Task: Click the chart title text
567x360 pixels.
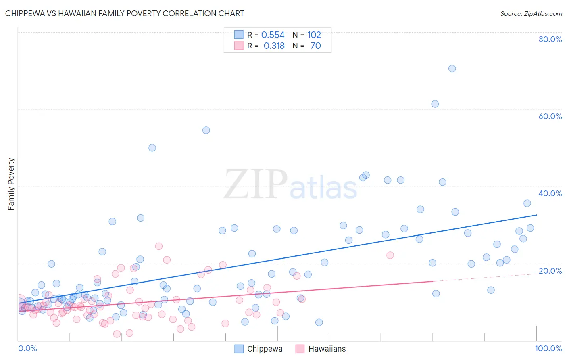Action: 124,13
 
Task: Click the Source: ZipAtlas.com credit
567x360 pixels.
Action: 531,13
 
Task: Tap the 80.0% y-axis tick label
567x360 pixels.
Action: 550,39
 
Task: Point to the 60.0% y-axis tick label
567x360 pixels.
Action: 550,116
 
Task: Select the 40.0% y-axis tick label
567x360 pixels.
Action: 550,193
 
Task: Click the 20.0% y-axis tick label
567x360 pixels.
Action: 550,271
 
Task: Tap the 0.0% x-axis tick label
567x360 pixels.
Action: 27,348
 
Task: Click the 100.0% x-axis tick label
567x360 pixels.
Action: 548,348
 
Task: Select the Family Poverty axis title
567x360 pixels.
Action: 11,184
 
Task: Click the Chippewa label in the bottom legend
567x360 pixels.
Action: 265,349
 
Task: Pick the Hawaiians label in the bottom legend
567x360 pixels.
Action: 327,349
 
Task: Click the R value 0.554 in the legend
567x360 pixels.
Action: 273,35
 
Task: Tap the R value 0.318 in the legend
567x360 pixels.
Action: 274,46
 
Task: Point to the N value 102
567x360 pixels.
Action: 314,35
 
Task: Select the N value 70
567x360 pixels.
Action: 316,46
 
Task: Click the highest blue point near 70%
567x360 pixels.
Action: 452,69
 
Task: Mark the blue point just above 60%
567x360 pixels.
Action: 435,104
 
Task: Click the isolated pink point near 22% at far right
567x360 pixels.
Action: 390,255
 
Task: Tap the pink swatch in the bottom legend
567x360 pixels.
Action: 300,349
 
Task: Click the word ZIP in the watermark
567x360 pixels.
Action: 256,185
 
